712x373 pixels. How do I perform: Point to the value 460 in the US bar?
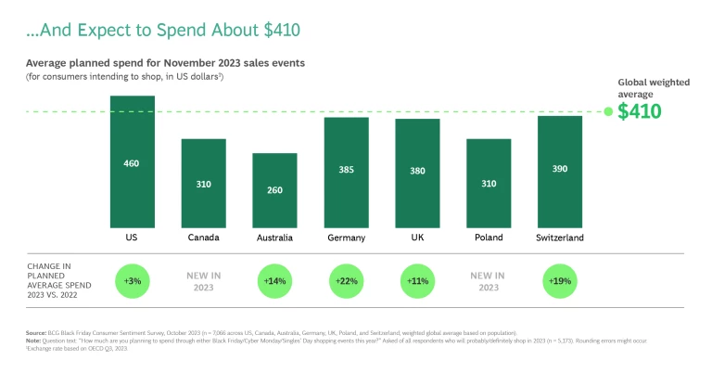133,163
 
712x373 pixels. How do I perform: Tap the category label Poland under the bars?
489,238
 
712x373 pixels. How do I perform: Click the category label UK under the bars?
417,238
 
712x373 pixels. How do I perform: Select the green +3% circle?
133,280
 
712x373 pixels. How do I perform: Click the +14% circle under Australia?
275,280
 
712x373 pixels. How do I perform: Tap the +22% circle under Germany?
346,280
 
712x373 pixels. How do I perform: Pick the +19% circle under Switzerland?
559,280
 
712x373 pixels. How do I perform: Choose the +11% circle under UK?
417,280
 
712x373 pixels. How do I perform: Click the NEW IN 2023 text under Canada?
204,280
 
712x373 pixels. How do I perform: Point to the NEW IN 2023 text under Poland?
489,280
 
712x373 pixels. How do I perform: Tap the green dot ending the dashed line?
608,112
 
